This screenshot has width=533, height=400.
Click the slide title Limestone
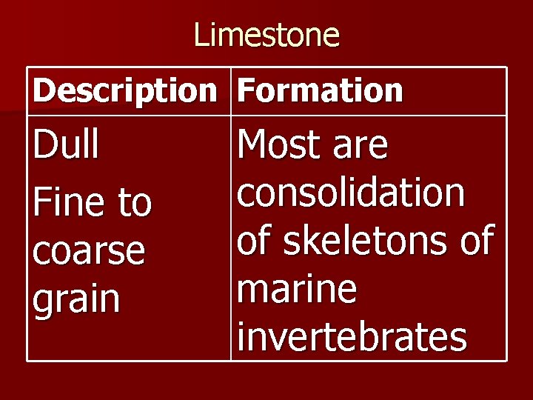266,35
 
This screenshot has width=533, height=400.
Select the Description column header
124,91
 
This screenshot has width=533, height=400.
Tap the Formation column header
320,91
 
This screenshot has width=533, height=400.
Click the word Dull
66,145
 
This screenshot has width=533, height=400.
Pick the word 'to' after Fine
134,202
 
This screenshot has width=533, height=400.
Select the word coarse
89,252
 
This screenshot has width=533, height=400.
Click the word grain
76,300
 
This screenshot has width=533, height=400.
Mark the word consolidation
350,193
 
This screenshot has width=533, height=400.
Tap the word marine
296,290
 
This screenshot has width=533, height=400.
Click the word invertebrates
352,338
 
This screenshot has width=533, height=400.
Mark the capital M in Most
255,145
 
